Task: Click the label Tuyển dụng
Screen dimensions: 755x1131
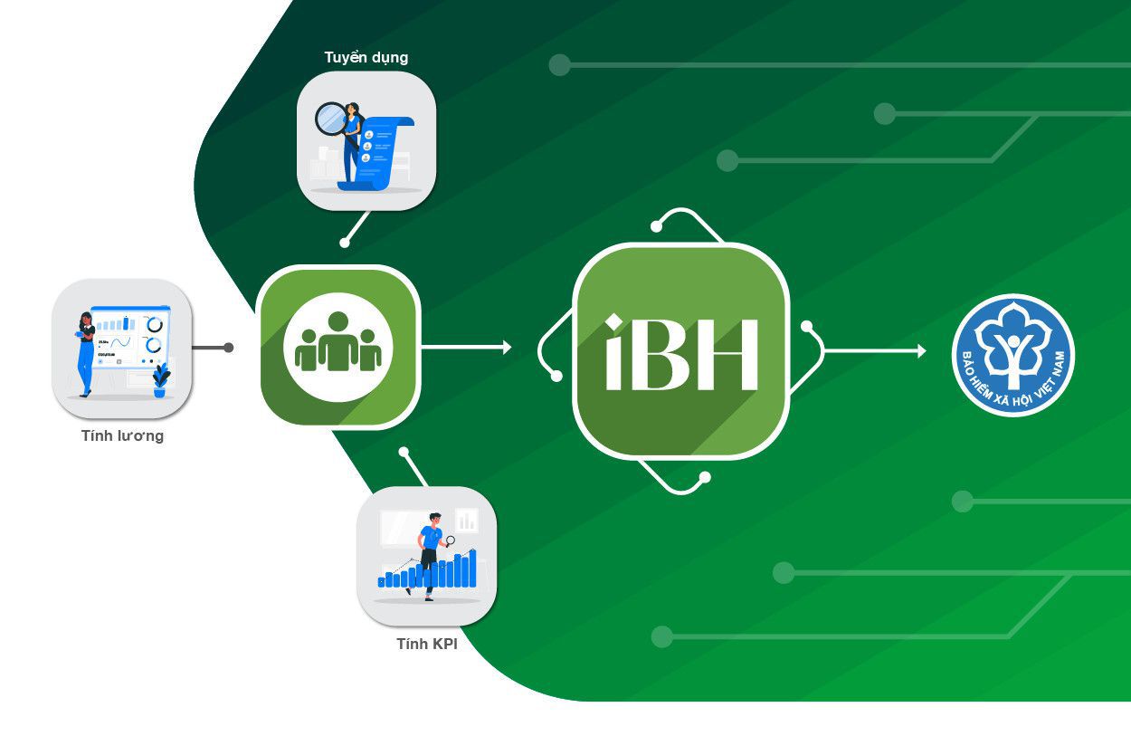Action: (x=366, y=58)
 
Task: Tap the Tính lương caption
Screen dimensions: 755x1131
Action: (x=122, y=436)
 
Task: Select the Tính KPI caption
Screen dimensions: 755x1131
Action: (x=427, y=645)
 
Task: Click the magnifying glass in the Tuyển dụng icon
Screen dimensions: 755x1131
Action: (x=330, y=118)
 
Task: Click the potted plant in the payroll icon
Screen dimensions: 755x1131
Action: (x=161, y=379)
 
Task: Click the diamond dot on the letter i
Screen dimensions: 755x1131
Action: (x=614, y=322)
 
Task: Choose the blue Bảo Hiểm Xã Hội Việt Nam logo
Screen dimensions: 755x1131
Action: (x=1012, y=355)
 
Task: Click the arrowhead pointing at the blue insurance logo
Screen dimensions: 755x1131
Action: (x=921, y=351)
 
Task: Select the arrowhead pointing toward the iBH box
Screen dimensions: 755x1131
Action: (x=507, y=347)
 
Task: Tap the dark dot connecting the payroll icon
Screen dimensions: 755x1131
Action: (x=229, y=348)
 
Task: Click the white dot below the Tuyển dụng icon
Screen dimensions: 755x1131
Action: (x=345, y=243)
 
